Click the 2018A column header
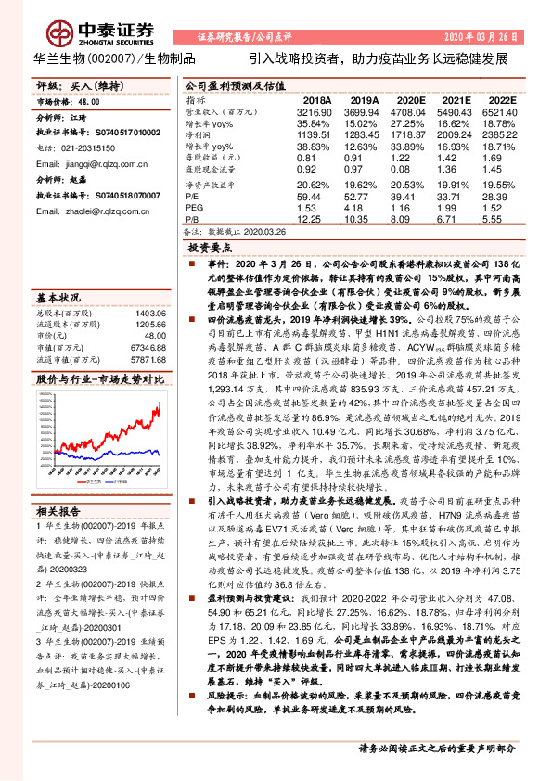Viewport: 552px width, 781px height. [x=317, y=99]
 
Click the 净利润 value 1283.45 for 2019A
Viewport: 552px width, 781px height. [x=364, y=134]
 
